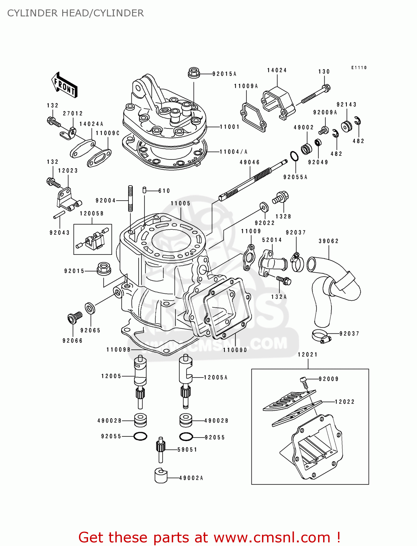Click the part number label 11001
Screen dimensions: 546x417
click(230, 127)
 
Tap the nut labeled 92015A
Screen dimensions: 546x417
click(194, 73)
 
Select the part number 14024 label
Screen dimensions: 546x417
click(277, 70)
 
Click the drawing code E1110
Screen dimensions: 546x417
click(359, 68)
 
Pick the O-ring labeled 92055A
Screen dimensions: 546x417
click(294, 156)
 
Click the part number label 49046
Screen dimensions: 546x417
click(250, 162)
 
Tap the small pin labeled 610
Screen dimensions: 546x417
click(144, 190)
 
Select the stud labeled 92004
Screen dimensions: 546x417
click(130, 198)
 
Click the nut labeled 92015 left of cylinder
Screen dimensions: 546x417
click(104, 269)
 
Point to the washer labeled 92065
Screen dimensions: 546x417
click(90, 308)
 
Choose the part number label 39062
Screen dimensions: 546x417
click(329, 241)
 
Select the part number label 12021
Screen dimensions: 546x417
click(307, 355)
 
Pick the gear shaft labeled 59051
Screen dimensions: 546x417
click(160, 449)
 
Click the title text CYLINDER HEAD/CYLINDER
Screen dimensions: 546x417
click(75, 13)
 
